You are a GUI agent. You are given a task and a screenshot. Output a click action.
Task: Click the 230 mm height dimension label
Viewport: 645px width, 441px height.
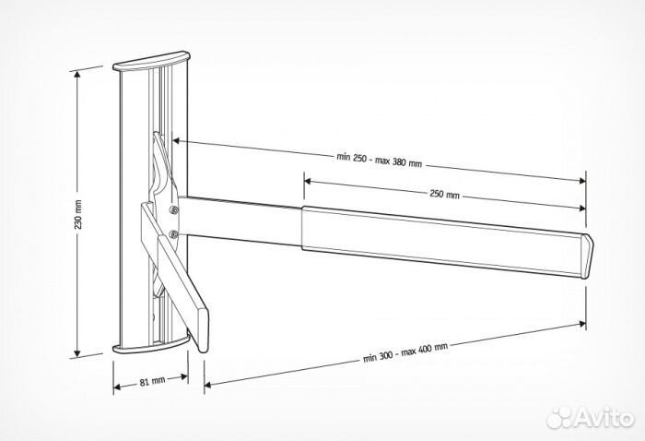click(x=78, y=214)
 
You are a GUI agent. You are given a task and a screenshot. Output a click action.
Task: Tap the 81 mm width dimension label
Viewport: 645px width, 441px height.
click(x=152, y=381)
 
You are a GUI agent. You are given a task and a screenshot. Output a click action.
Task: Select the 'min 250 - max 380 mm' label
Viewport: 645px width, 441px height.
click(x=380, y=160)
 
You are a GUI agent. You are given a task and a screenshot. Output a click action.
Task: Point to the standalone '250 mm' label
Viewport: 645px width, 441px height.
click(x=444, y=194)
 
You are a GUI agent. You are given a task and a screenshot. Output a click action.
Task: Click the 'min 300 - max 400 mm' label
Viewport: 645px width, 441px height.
click(x=405, y=352)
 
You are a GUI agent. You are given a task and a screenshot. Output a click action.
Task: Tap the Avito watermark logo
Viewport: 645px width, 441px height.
click(x=591, y=418)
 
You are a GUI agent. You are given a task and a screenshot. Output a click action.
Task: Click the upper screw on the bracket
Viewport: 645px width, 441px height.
click(x=174, y=210)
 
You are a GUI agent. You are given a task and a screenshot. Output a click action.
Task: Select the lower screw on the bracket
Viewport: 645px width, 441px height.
click(x=173, y=234)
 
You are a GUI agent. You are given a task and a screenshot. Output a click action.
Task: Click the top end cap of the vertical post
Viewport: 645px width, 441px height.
click(x=151, y=61)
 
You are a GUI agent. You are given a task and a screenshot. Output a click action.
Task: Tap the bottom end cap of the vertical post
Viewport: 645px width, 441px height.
click(x=150, y=345)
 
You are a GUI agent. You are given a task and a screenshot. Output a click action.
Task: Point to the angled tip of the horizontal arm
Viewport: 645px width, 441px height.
click(x=588, y=256)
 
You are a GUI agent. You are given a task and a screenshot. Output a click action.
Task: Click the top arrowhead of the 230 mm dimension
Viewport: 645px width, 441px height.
click(x=76, y=75)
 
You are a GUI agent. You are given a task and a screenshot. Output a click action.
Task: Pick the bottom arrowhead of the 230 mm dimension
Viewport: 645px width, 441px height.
click(x=76, y=353)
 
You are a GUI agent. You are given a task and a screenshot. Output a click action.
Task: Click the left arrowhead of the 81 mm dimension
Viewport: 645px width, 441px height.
click(x=117, y=387)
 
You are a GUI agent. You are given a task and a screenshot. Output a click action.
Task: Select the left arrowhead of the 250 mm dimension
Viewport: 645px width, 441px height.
click(x=307, y=181)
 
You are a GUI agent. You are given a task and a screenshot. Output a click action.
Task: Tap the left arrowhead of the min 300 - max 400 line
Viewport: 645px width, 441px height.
click(x=207, y=385)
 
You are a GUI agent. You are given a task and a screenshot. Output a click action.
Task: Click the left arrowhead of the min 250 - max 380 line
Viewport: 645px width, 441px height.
click(x=176, y=141)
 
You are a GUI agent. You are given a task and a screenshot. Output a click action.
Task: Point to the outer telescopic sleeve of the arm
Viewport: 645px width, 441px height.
click(x=442, y=241)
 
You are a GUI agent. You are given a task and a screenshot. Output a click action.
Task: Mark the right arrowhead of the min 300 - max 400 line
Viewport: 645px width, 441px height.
click(x=582, y=324)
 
